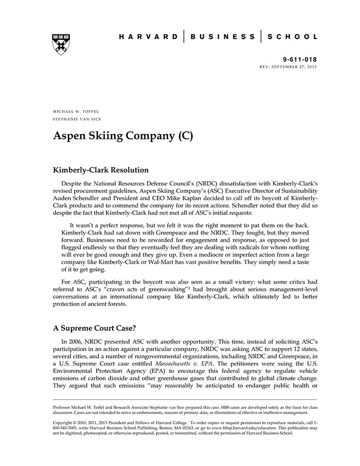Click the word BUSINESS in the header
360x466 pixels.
[222, 37]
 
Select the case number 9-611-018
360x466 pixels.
[299, 59]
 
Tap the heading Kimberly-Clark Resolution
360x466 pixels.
[101, 170]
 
